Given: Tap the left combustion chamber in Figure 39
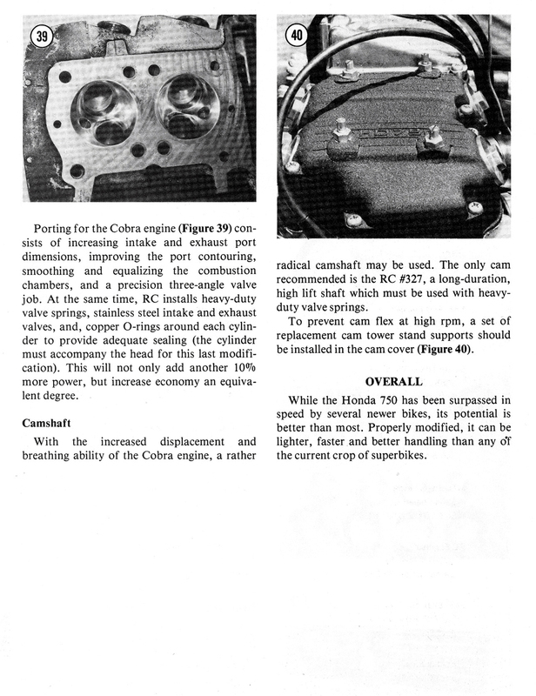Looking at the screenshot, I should click(x=104, y=114).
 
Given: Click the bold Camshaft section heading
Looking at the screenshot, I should click(x=51, y=424).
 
